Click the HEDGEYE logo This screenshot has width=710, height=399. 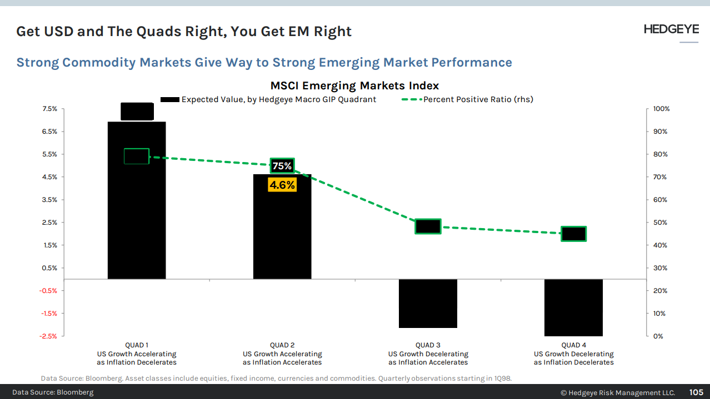[671, 29]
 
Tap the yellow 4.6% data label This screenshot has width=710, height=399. [282, 185]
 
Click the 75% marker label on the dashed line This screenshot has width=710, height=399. [282, 166]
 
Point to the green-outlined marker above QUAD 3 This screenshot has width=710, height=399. [428, 226]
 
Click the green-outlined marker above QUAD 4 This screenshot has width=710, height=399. [573, 234]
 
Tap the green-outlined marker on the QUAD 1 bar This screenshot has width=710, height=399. [137, 156]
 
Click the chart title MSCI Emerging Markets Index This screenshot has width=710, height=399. [354, 85]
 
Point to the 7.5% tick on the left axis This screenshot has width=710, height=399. [49, 109]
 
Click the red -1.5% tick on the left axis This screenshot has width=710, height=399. [49, 314]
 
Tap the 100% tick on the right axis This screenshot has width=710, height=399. [661, 109]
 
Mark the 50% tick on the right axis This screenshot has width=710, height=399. [660, 223]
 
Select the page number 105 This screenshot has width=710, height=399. [697, 392]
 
